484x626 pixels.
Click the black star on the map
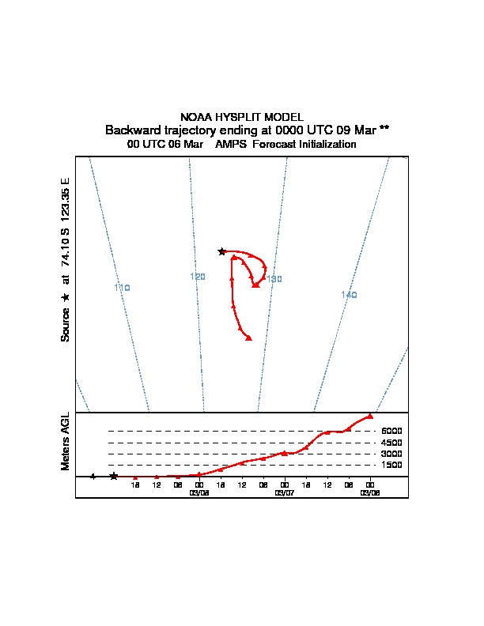tap(222, 251)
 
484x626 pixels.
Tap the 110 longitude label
tap(122, 288)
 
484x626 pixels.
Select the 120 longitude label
tap(198, 277)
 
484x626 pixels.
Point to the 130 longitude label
tap(274, 279)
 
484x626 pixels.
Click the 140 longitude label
tap(349, 295)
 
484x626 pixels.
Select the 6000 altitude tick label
tap(392, 431)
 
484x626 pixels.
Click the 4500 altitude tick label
tap(392, 443)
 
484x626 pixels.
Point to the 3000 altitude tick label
tap(392, 454)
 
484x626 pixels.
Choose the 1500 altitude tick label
tap(392, 465)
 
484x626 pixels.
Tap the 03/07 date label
tap(285, 492)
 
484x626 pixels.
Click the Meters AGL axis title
tap(66, 441)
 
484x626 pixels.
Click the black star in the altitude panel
tap(114, 476)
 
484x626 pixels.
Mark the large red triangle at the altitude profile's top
tap(370, 416)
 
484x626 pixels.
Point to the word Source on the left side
tap(66, 324)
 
